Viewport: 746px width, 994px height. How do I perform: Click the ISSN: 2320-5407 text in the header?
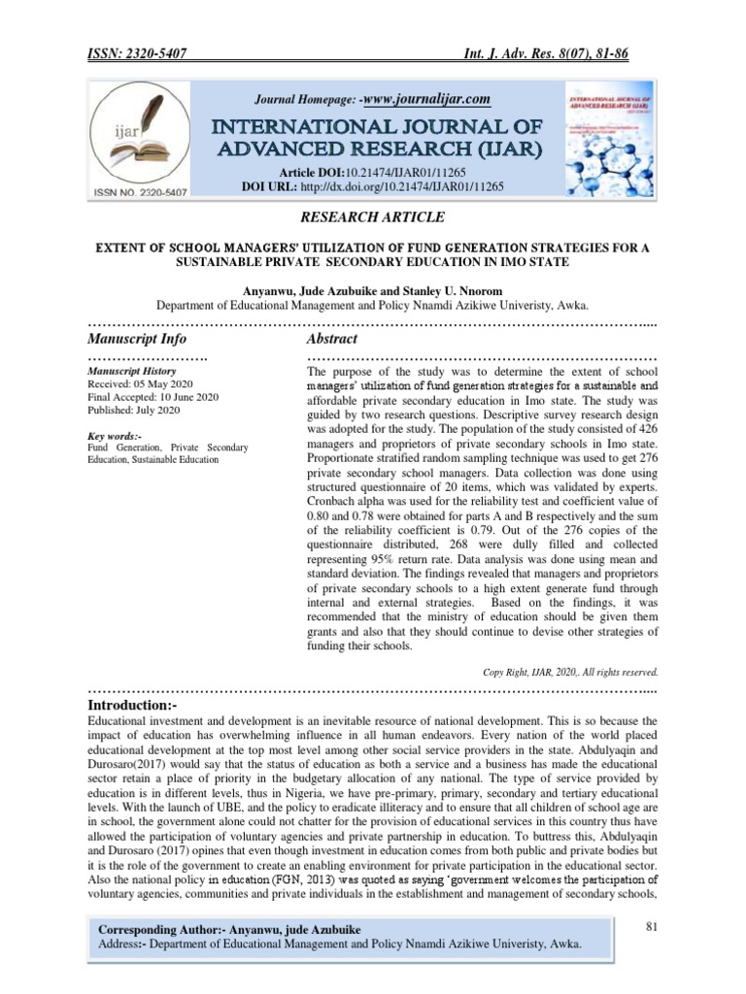(x=139, y=56)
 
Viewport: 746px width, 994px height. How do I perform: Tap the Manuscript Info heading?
(x=137, y=339)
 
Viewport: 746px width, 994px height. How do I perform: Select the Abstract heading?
(x=331, y=339)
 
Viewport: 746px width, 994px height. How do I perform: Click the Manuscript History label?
(x=131, y=371)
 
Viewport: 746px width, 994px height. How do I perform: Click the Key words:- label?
(x=115, y=435)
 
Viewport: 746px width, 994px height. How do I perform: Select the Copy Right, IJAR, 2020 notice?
(x=570, y=671)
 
